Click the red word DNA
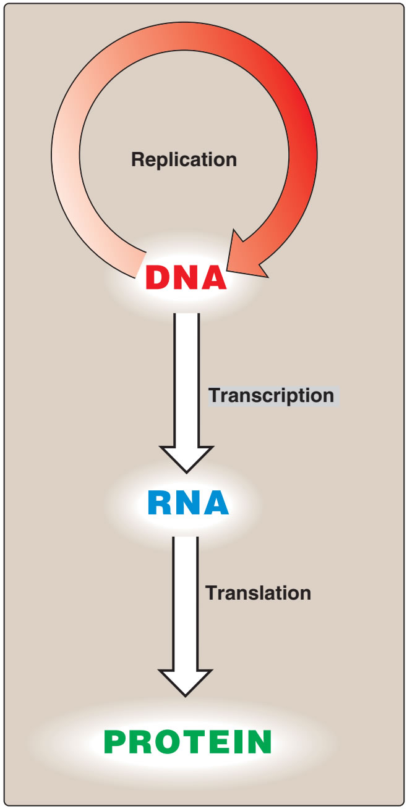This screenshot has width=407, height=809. pyautogui.click(x=186, y=278)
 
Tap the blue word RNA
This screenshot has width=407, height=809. pyautogui.click(x=188, y=503)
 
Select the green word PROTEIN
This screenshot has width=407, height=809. pyautogui.click(x=188, y=741)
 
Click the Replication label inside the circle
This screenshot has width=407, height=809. pyautogui.click(x=184, y=159)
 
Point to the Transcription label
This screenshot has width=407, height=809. pyautogui.click(x=271, y=395)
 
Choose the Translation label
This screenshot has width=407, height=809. pyautogui.click(x=258, y=593)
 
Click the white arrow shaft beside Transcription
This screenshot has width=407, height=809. pyautogui.click(x=186, y=377)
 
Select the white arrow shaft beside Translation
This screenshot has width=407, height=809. pyautogui.click(x=186, y=599)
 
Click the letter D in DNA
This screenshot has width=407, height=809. pyautogui.click(x=158, y=278)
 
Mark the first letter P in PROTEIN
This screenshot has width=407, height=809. pyautogui.click(x=115, y=741)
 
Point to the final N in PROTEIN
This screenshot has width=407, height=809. pyautogui.click(x=259, y=741)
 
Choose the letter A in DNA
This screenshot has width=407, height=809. pyautogui.click(x=213, y=278)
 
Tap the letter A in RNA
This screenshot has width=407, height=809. pyautogui.click(x=216, y=503)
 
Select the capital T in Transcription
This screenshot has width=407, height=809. pyautogui.click(x=213, y=395)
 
